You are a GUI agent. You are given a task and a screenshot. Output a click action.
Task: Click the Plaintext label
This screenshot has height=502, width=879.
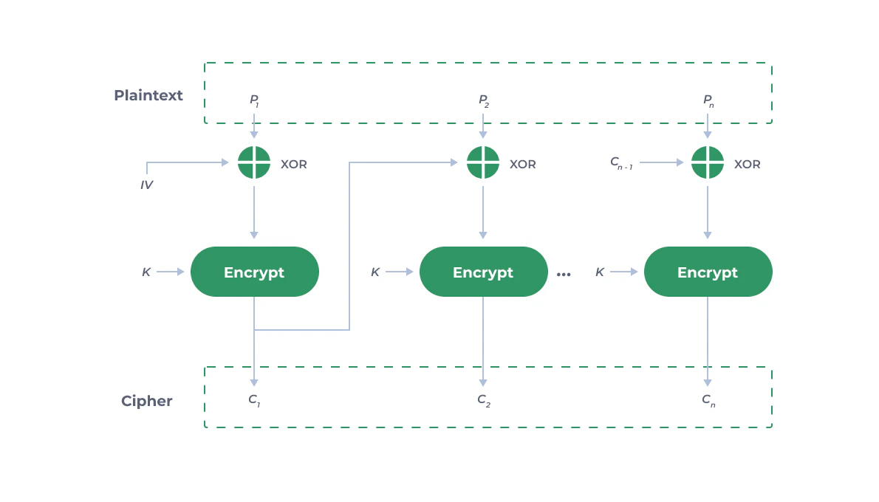148,95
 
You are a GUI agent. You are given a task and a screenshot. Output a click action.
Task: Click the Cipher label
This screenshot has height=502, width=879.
146,401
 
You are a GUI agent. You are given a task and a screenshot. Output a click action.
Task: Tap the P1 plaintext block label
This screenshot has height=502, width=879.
254,100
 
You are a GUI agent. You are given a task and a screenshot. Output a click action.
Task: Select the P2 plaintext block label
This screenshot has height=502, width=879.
483,100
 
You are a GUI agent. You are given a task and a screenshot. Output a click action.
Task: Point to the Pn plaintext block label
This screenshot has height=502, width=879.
708,100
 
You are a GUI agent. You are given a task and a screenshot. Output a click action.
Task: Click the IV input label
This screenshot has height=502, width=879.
146,185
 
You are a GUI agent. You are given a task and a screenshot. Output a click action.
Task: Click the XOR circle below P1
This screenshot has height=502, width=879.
254,162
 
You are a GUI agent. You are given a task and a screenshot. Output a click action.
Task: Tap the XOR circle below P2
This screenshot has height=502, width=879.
483,162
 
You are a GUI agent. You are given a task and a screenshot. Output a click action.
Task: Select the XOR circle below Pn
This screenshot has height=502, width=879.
708,162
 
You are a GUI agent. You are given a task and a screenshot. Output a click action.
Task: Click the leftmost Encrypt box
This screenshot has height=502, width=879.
254,272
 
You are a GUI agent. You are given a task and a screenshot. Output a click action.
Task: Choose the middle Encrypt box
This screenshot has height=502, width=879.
483,272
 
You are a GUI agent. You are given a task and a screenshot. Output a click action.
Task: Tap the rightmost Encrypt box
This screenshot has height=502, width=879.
708,272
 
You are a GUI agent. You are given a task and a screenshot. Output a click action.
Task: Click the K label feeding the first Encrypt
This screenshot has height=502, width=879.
146,272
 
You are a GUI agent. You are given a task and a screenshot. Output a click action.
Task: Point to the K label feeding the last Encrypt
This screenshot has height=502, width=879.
600,272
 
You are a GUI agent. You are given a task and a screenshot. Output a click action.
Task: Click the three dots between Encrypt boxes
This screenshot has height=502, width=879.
564,275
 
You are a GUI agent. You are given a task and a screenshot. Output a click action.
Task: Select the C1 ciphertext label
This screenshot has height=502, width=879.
254,400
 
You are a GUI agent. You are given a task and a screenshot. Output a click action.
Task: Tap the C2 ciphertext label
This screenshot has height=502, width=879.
483,400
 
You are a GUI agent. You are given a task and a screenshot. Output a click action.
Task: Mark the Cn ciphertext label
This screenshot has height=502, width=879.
708,400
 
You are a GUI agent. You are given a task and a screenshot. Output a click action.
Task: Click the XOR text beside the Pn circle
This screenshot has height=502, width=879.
747,164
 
